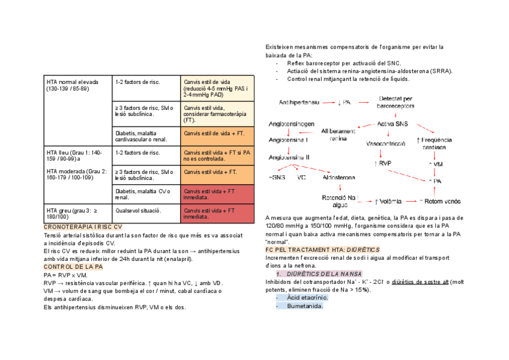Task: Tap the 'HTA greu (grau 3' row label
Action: pyautogui.click(x=71, y=211)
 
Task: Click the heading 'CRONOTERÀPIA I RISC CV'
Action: pyautogui.click(x=83, y=227)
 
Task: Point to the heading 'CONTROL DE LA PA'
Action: pyautogui.click(x=73, y=266)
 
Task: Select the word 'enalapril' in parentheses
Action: pyautogui.click(x=177, y=259)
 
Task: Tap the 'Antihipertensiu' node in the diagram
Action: pyautogui.click(x=296, y=102)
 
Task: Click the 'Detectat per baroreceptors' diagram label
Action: pyautogui.click(x=395, y=102)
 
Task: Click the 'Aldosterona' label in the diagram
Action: pyautogui.click(x=339, y=178)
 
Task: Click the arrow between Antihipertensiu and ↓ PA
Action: pyautogui.click(x=328, y=102)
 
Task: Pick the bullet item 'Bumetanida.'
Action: pyautogui.click(x=305, y=306)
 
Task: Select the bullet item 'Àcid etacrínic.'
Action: pyautogui.click(x=307, y=298)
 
